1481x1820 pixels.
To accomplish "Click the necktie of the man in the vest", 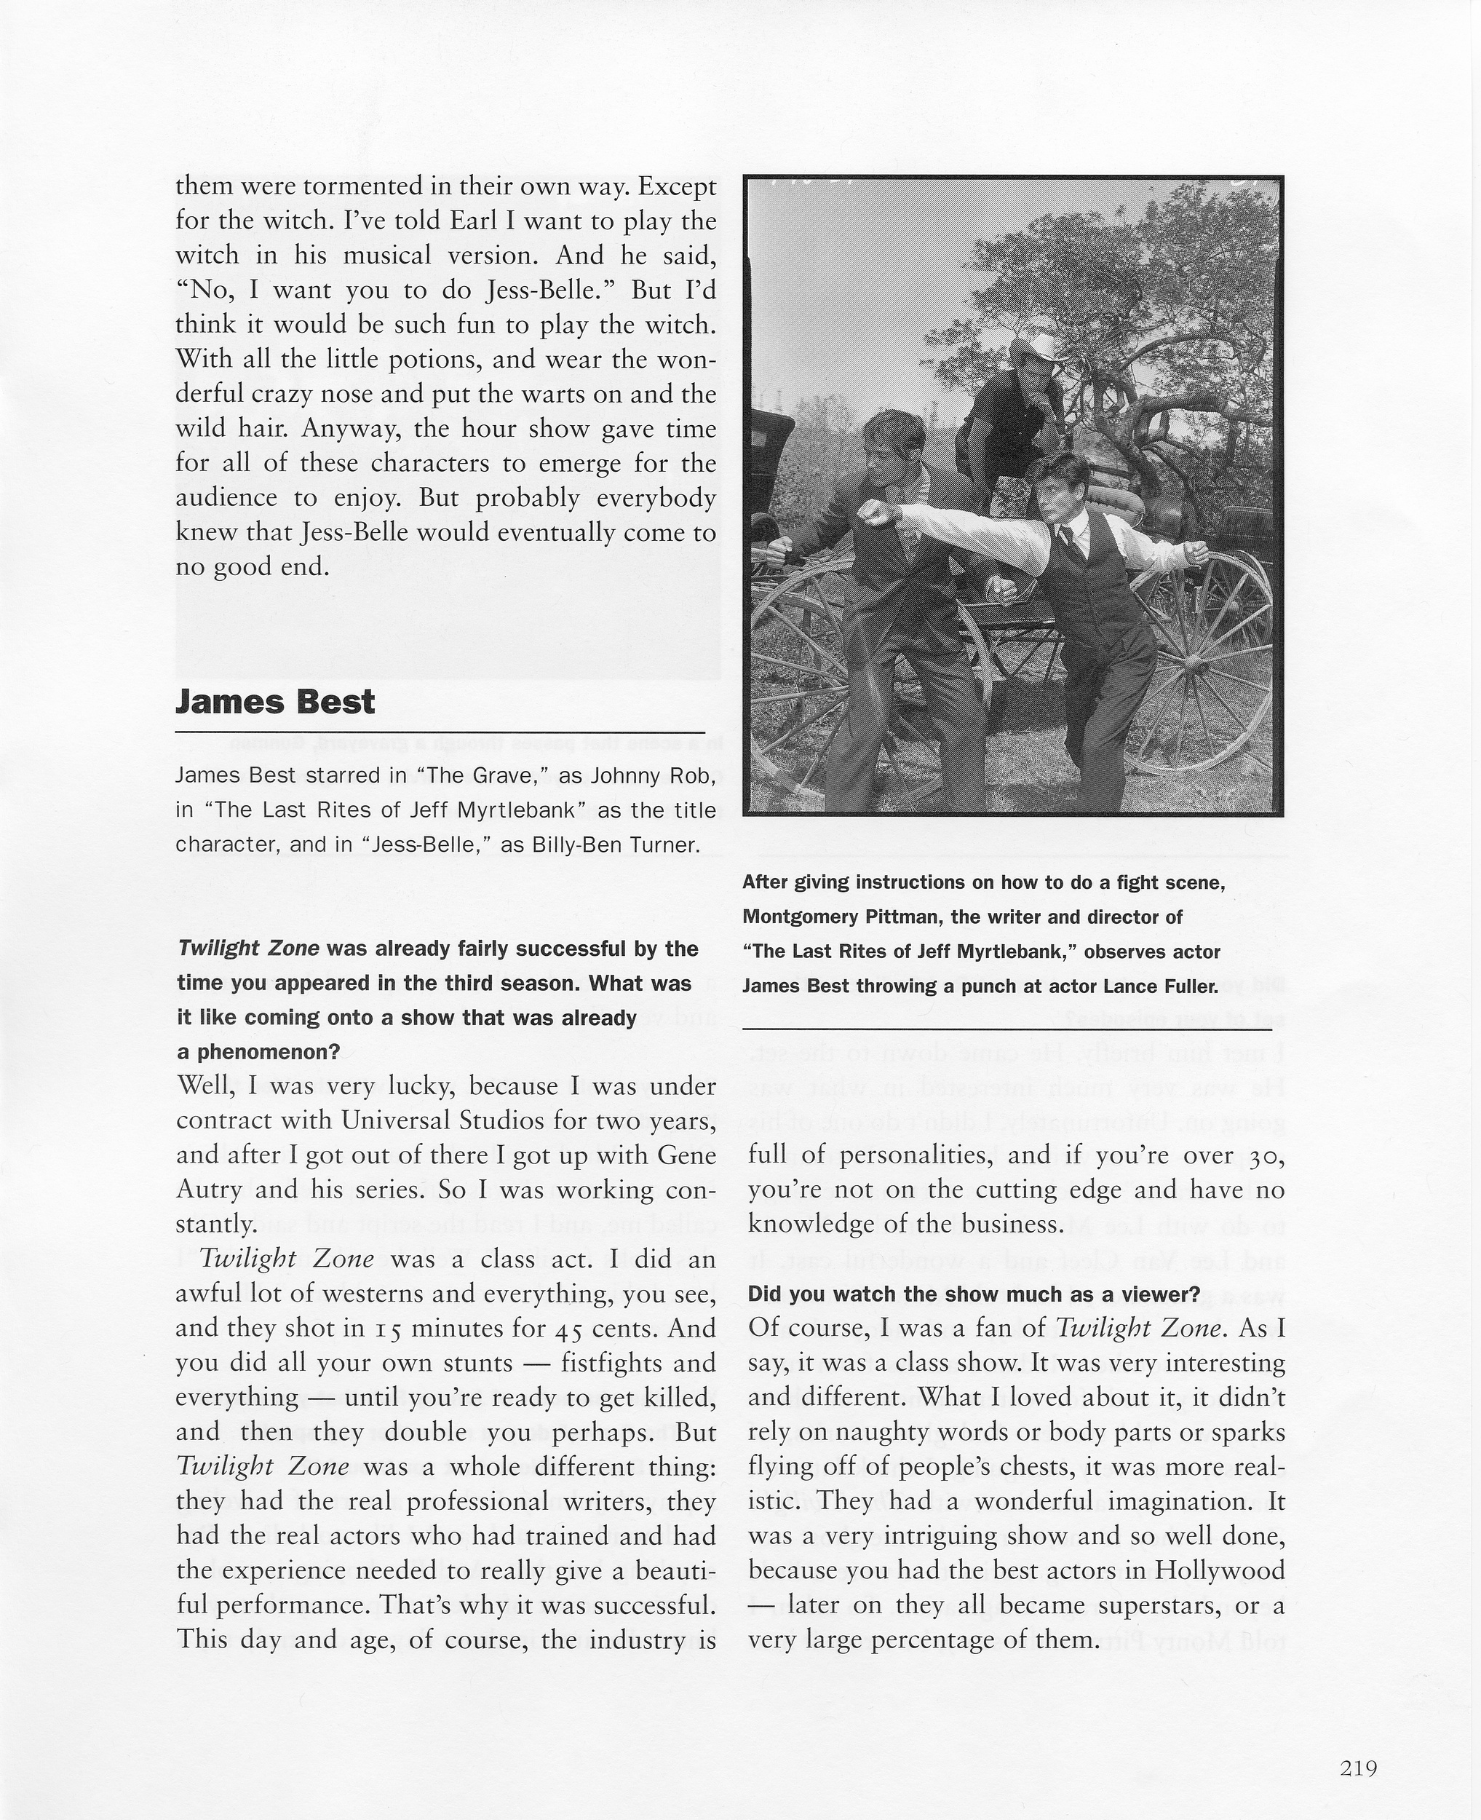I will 1066,539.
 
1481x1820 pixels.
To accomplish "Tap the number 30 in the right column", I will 1266,1156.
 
